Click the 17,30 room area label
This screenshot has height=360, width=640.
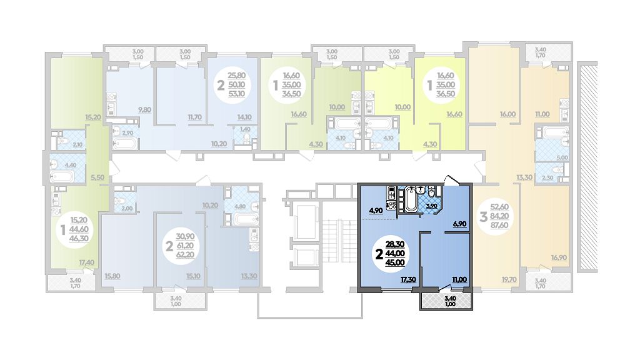(409, 280)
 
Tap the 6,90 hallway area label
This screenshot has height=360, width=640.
(459, 224)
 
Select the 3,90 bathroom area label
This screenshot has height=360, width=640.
(432, 206)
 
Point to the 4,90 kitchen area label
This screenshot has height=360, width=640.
(376, 211)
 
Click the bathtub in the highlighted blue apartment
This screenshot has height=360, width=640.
(410, 200)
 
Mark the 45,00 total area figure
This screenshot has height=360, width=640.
(395, 263)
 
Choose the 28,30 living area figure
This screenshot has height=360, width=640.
(395, 244)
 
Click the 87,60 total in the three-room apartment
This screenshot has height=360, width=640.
(499, 225)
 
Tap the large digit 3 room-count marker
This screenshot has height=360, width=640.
(483, 216)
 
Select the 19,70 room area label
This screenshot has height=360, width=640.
(509, 279)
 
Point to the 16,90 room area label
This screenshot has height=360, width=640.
(558, 257)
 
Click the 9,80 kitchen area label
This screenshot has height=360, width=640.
(144, 109)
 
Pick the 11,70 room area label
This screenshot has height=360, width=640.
(195, 117)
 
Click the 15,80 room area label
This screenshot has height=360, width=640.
(112, 276)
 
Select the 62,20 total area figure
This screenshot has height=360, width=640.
(185, 256)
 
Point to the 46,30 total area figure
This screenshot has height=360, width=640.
(79, 238)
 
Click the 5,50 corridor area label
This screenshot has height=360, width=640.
(97, 177)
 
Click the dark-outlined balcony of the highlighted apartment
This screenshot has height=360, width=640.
(446, 301)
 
